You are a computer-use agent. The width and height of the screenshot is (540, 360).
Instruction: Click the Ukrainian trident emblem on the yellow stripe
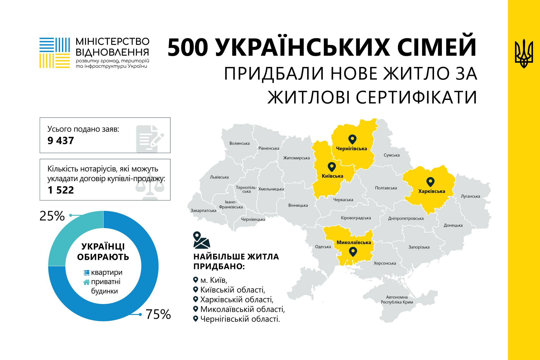coord(524,54)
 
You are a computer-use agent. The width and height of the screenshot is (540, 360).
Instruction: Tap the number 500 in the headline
coord(187,48)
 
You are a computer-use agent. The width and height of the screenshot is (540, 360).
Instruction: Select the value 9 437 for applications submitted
coord(61,141)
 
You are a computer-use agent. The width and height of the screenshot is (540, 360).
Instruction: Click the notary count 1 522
coord(61,190)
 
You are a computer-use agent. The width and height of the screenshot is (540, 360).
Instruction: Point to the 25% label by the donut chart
coord(52,216)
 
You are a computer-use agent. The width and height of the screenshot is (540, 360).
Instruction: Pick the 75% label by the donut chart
coord(158,314)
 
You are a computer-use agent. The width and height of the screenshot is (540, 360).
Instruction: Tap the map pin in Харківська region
coord(430,182)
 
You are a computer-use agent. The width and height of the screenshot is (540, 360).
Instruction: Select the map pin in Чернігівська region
coord(352,139)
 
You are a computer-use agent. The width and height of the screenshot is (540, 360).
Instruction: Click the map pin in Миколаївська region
coord(353,252)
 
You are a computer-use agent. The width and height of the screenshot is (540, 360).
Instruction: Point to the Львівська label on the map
coord(219,177)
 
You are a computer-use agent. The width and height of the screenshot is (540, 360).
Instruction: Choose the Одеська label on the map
coord(323,247)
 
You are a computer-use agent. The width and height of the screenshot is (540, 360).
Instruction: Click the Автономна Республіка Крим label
coord(397,300)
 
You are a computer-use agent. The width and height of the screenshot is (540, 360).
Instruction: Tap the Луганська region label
coord(470,196)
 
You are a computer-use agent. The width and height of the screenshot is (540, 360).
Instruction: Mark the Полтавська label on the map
coord(386,188)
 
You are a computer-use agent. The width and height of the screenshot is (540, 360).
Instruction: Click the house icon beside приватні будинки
coord(86,282)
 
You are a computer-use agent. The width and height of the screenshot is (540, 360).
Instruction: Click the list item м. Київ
coord(213,280)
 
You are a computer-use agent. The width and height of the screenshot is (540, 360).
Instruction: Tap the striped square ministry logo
coord(55,53)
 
